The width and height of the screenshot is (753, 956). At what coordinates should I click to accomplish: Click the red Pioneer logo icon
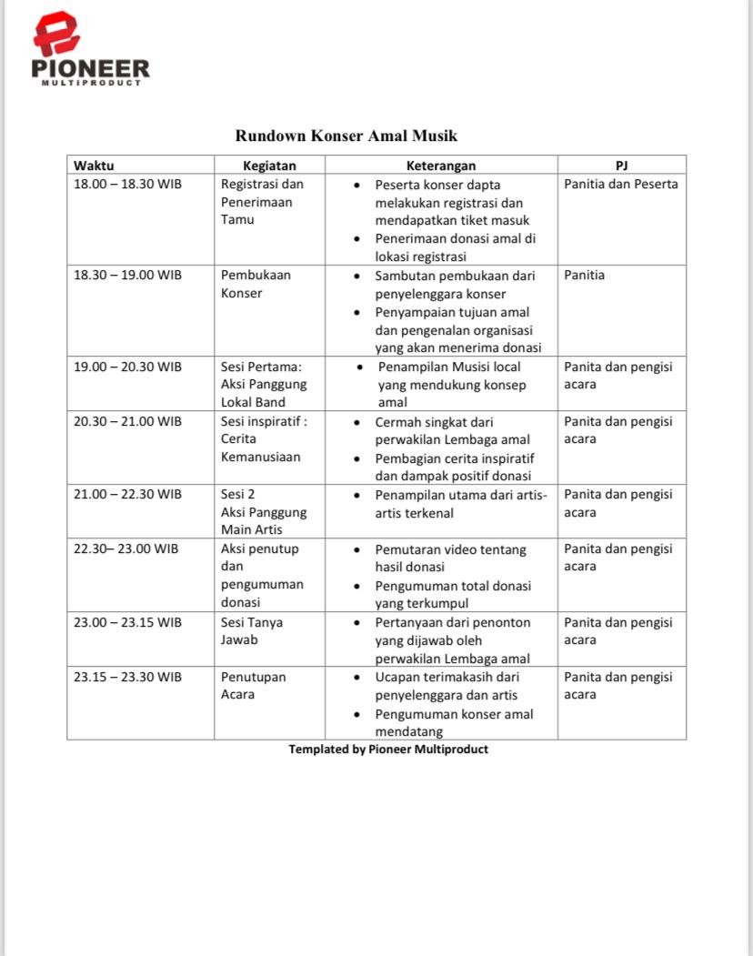tap(56, 34)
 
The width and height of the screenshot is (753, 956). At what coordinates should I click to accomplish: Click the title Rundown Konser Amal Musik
tap(346, 136)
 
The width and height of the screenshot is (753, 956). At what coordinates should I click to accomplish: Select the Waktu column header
tap(94, 165)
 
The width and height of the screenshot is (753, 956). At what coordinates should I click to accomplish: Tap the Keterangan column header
tap(440, 165)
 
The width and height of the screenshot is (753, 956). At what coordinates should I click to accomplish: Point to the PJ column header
tap(621, 165)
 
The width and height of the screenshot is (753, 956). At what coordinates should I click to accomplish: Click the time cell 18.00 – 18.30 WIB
tap(127, 184)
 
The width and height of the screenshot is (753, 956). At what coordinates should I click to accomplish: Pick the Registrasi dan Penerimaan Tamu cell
tap(262, 201)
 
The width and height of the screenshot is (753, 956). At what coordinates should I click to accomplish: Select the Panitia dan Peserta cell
tap(620, 184)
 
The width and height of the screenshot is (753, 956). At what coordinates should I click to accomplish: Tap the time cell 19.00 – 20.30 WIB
tap(127, 367)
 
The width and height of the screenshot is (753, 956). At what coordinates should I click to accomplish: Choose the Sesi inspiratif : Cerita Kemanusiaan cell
tap(264, 438)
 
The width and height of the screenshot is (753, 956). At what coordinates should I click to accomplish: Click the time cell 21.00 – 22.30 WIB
tap(127, 494)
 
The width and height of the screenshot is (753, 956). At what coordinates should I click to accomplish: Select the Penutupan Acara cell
tap(253, 685)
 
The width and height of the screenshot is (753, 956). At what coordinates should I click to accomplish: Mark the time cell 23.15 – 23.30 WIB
tap(127, 677)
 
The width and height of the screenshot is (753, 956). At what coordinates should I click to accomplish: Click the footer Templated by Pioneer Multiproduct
tap(388, 750)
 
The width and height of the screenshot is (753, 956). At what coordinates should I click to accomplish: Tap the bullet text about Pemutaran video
tap(450, 558)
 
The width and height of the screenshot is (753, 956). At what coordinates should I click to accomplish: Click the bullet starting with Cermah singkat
tap(452, 430)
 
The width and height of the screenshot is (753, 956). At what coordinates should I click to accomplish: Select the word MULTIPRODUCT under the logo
tap(91, 83)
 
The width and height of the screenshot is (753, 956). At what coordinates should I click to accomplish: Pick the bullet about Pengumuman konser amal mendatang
tap(454, 722)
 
